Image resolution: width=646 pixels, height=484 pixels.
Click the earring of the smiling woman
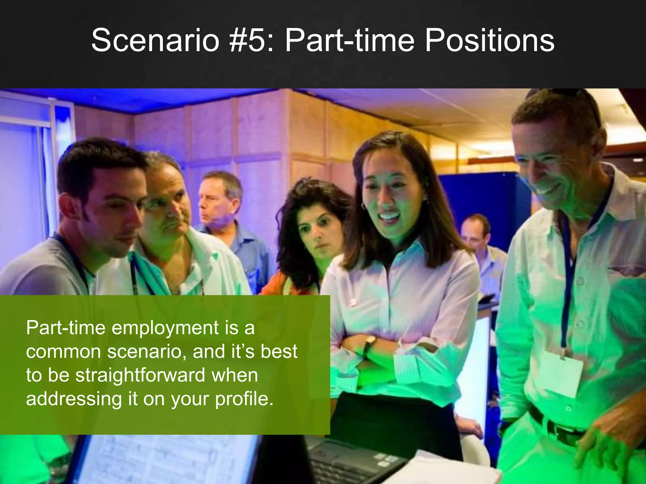click(363, 206)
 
